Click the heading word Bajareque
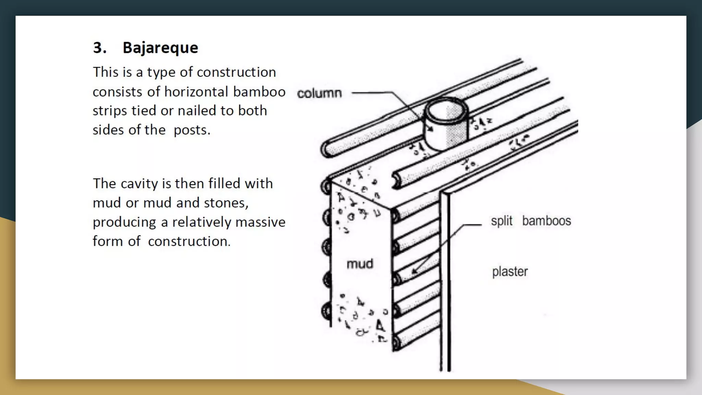pyautogui.click(x=160, y=48)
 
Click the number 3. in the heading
pyautogui.click(x=99, y=48)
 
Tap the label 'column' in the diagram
pyautogui.click(x=319, y=93)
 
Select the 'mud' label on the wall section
pyautogui.click(x=360, y=264)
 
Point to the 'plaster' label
pyautogui.click(x=510, y=272)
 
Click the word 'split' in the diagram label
pyautogui.click(x=501, y=221)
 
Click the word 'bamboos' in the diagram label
pyautogui.click(x=546, y=221)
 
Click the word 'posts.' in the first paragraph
pyautogui.click(x=192, y=130)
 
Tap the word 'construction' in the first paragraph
pyautogui.click(x=236, y=72)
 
